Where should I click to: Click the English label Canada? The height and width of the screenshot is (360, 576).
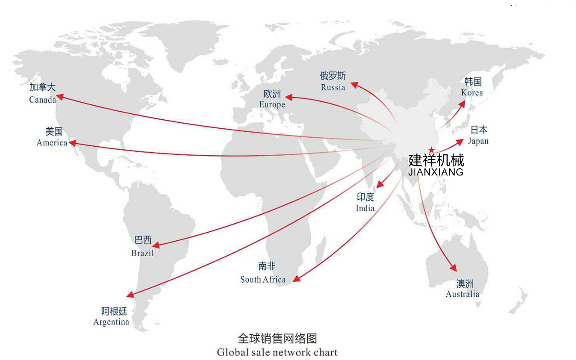tap(43, 99)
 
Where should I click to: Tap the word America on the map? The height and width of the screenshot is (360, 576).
tap(52, 143)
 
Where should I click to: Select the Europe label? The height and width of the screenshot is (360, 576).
tap(272, 104)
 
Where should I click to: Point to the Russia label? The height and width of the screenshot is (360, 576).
tap(333, 87)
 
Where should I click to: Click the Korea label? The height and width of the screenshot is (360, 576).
tap(472, 93)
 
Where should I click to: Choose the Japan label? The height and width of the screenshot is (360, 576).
tap(478, 141)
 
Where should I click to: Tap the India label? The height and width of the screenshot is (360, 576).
tap(365, 208)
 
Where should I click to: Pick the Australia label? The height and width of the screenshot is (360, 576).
tap(462, 294)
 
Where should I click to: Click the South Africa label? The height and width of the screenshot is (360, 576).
tap(263, 279)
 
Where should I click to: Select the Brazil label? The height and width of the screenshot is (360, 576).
tap(142, 253)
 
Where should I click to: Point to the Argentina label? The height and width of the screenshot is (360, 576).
tap(111, 322)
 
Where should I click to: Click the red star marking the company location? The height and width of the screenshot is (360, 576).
tap(432, 149)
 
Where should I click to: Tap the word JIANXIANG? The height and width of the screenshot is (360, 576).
tap(436, 172)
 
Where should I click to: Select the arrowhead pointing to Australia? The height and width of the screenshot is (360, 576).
tap(454, 269)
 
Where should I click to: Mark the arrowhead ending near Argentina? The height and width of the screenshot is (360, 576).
tap(130, 295)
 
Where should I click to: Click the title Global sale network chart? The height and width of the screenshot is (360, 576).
tap(277, 352)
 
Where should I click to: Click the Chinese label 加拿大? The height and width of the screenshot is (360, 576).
tap(42, 87)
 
